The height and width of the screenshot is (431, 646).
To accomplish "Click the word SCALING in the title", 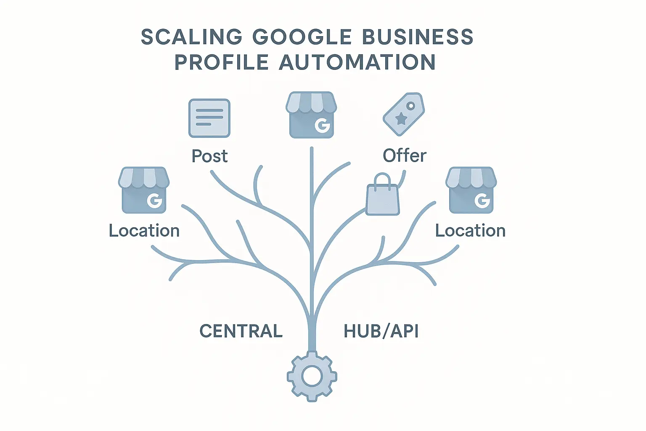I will pyautogui.click(x=191, y=37).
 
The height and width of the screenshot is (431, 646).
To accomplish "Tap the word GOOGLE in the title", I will pyautogui.click(x=302, y=37).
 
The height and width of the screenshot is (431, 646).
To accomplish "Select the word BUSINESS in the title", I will pyautogui.click(x=418, y=37).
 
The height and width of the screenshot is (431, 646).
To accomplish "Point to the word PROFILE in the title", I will pyautogui.click(x=222, y=62).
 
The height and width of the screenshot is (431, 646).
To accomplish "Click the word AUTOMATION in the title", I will pyautogui.click(x=357, y=62).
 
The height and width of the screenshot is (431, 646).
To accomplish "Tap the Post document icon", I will pyautogui.click(x=209, y=118).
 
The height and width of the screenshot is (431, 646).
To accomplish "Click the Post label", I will pyautogui.click(x=209, y=156).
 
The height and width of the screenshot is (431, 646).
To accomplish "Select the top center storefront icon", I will pyautogui.click(x=311, y=115).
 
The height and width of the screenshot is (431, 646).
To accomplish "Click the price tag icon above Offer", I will pyautogui.click(x=403, y=114).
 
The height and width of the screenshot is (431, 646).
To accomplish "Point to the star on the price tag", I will pyautogui.click(x=401, y=120).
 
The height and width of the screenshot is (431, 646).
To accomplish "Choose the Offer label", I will pyautogui.click(x=405, y=156).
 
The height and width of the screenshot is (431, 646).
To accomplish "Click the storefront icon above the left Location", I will pyautogui.click(x=144, y=190).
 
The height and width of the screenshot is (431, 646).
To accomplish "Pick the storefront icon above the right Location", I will pyautogui.click(x=471, y=190).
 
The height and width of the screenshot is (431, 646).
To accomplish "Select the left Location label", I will pyautogui.click(x=144, y=231).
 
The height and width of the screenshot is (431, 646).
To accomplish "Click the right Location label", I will pyautogui.click(x=470, y=231).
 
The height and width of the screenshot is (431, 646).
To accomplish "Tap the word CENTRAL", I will pyautogui.click(x=241, y=331).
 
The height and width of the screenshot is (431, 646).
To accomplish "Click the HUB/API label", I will pyautogui.click(x=381, y=331).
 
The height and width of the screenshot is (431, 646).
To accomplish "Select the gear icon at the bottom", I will pyautogui.click(x=312, y=376).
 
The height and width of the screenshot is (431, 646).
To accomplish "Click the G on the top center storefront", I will pyautogui.click(x=322, y=125).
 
